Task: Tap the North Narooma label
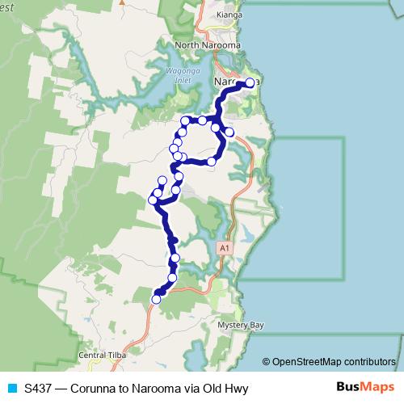coord(204,46)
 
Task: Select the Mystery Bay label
coord(241,326)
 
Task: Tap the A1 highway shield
coord(224,248)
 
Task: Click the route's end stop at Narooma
coord(249,82)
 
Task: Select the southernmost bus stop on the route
coord(156,299)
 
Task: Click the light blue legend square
coord(12,388)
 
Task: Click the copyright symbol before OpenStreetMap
coord(267,361)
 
